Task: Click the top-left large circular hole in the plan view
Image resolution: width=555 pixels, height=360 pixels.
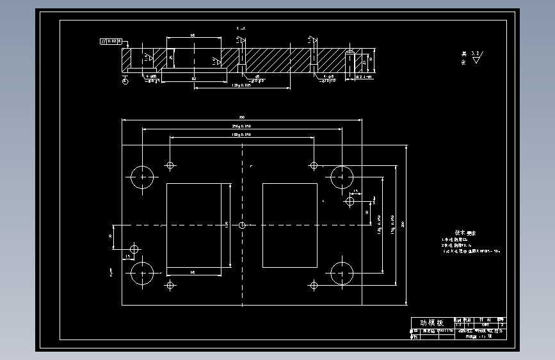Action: (x=142, y=177)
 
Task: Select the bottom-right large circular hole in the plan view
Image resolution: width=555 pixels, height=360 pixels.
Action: (x=342, y=274)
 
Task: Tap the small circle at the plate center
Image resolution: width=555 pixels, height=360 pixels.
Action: (x=242, y=225)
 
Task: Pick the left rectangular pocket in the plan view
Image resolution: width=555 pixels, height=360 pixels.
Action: (x=193, y=225)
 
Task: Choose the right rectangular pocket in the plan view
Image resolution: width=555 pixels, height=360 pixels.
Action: (x=289, y=225)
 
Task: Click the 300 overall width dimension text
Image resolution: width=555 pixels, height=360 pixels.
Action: (x=242, y=117)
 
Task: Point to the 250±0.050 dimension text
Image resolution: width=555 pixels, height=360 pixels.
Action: (x=241, y=126)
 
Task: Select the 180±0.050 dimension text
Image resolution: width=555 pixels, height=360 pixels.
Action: (x=241, y=135)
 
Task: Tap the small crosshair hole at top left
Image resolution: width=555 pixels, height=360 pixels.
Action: (x=170, y=165)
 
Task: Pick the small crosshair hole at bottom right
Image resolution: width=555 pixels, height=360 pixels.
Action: (x=314, y=284)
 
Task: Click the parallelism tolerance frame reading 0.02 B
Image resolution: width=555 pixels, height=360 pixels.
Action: (x=110, y=42)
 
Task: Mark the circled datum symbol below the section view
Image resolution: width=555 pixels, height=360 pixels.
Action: (x=124, y=81)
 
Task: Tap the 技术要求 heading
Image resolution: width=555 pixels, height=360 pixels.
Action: (x=466, y=233)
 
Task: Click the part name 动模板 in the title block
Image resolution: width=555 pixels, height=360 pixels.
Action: (x=431, y=323)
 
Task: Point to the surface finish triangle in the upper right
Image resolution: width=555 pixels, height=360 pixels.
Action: (x=477, y=60)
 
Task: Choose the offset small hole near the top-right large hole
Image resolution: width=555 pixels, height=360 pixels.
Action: (x=350, y=201)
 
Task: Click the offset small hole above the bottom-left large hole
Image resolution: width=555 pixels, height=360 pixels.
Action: (x=134, y=248)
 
